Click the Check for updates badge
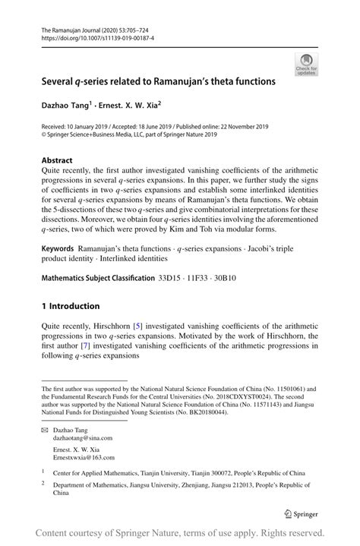307,64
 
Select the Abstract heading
57,160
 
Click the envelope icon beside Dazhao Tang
46,430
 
